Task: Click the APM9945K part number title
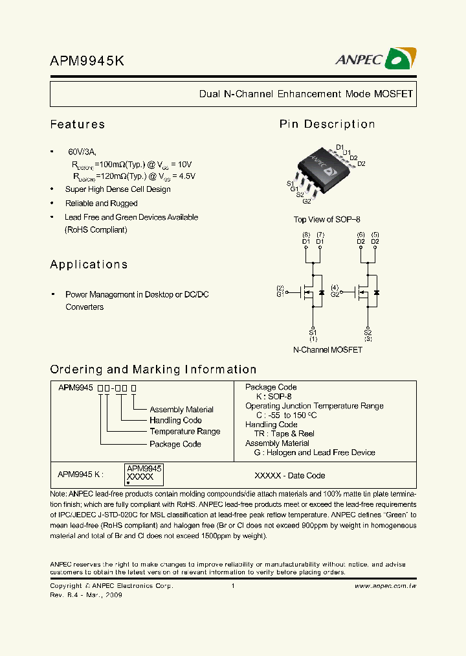pos(87,61)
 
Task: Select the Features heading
pos(78,124)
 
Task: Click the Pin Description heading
pos(327,124)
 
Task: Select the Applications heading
pos(89,264)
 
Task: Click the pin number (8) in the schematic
pos(306,235)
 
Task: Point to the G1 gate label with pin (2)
pos(280,292)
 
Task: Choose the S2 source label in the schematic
pos(368,333)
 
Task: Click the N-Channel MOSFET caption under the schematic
pos(327,350)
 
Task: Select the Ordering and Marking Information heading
pos(153,369)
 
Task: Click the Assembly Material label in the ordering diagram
pos(181,410)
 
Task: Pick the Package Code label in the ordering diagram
pos(175,444)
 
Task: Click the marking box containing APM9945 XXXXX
pos(144,473)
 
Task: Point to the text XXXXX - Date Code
pos(289,476)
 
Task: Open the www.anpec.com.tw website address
pos(385,586)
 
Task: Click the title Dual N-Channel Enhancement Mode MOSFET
pos(305,94)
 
